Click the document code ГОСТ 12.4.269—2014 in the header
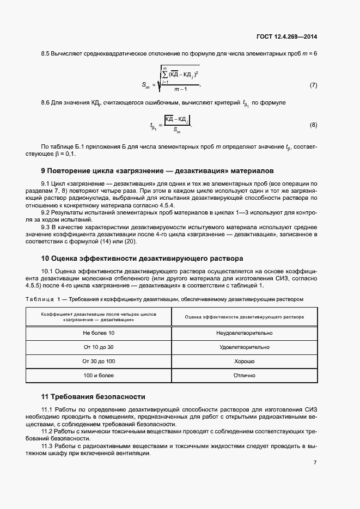click(x=286, y=36)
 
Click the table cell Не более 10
click(x=99, y=333)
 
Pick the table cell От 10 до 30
click(x=99, y=347)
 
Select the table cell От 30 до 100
click(x=99, y=361)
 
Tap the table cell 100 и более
click(x=99, y=376)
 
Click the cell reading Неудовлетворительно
click(x=244, y=333)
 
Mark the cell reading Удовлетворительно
click(x=244, y=347)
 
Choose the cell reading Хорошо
click(x=244, y=361)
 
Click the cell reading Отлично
click(x=244, y=376)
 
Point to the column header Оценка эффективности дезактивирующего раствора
click(x=244, y=317)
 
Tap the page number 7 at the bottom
click(x=315, y=462)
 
